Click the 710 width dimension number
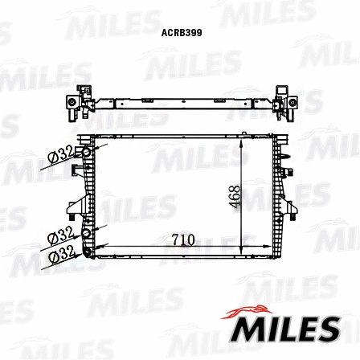(182, 239)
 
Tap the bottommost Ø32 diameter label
(61, 256)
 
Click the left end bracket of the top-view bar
(75, 104)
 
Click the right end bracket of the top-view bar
(288, 102)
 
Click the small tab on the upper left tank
(78, 170)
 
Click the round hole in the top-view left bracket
(72, 104)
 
